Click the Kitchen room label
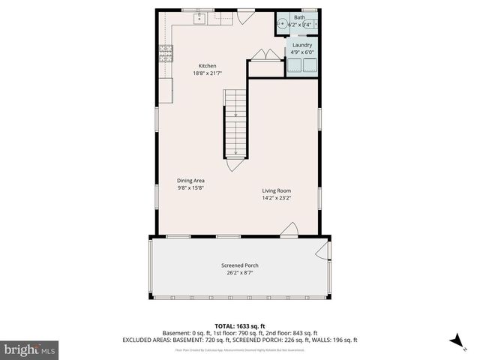pos(207,66)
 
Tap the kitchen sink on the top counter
pos(200,18)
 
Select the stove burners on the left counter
pos(165,52)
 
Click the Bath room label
pos(299,17)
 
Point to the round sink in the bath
pos(283,24)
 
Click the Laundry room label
pos(302,45)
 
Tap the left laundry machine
pos(295,64)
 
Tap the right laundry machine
pos(310,64)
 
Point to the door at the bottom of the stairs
pos(235,163)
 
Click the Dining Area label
pos(190,181)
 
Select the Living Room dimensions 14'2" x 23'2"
pos(276,199)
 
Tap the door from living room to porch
pos(290,231)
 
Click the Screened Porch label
pos(240,265)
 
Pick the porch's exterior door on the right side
pos(323,252)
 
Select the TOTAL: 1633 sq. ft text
pos(239,326)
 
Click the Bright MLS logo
pos(30,349)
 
